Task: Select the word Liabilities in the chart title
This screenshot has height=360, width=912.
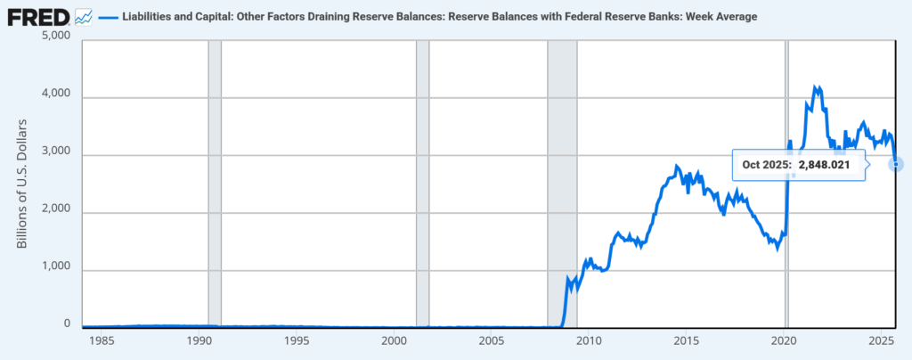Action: pyautogui.click(x=149, y=17)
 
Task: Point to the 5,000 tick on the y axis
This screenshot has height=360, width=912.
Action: pyautogui.click(x=56, y=37)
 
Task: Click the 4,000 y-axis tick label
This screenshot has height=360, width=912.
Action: pyautogui.click(x=56, y=97)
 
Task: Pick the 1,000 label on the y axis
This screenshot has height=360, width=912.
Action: pyautogui.click(x=56, y=271)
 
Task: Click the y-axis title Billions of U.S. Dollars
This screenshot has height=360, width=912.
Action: pyautogui.click(x=23, y=183)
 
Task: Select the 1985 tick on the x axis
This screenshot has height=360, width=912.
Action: pyautogui.click(x=102, y=342)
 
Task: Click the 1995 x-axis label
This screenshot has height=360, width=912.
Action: pyautogui.click(x=297, y=342)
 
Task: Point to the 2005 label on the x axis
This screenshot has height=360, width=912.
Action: pyautogui.click(x=492, y=342)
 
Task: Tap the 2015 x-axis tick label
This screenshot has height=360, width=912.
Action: pyautogui.click(x=686, y=342)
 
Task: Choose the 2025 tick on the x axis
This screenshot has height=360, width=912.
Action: pyautogui.click(x=880, y=342)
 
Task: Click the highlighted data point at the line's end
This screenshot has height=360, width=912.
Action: pyautogui.click(x=896, y=164)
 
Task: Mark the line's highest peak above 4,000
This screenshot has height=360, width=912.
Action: pyautogui.click(x=814, y=86)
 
